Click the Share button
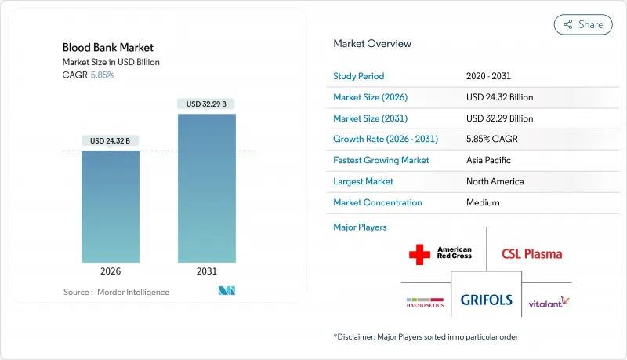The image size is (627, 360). coord(583,24)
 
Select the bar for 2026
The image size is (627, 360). coord(111,206)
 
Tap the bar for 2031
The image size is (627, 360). coord(207,188)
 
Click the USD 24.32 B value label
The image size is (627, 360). coord(110,141)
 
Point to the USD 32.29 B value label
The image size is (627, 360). coord(206,104)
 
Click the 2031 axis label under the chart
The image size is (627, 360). coord(207,271)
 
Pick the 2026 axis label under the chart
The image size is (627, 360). coord(111,271)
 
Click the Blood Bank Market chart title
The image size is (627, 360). coord(108,48)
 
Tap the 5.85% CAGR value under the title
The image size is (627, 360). coord(102,75)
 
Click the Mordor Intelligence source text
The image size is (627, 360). coord(133,292)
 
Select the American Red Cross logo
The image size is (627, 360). coord(440,254)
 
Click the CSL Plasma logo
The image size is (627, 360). coord(532,254)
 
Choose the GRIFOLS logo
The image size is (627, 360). coord(486,300)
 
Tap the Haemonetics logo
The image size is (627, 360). coord(425,303)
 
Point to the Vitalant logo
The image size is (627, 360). coord(549,303)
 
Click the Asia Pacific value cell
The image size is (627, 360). coord(488,160)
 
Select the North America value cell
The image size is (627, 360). coord(495,181)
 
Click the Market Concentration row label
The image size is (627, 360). coord(378,202)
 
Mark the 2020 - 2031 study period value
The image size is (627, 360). coord(488,76)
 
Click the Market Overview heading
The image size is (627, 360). coord(372,44)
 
